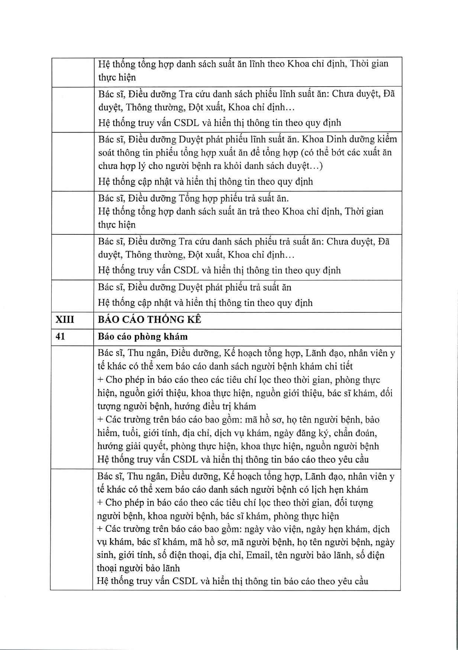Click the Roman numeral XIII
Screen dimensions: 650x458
tap(65, 320)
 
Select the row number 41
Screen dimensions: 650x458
tap(60, 337)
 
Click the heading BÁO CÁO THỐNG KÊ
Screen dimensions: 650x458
tap(149, 320)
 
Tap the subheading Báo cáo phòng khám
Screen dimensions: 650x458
tap(143, 337)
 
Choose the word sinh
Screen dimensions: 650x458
tap(106, 555)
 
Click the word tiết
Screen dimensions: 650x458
tap(345, 366)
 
